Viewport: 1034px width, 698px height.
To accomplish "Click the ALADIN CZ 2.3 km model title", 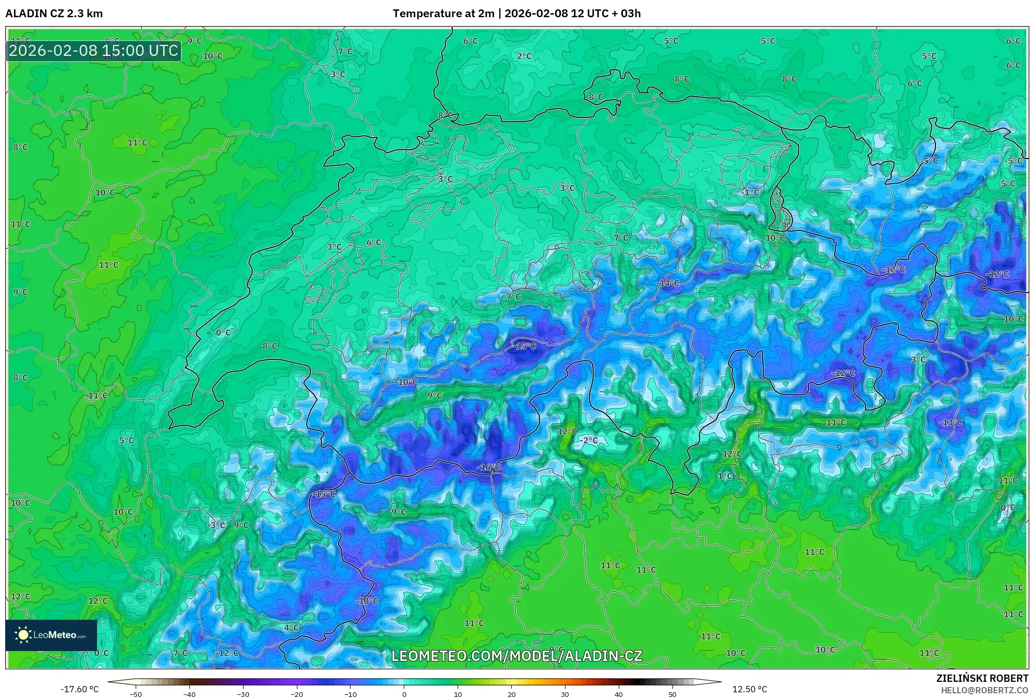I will [x=54, y=14].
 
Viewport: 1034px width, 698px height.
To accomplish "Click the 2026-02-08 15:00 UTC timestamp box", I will [x=93, y=51].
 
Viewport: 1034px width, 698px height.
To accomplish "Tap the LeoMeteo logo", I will [x=51, y=635].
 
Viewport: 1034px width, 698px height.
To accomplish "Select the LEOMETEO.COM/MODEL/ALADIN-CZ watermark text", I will [x=516, y=656].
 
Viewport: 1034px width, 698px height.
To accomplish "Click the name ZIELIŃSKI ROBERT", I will [x=982, y=678].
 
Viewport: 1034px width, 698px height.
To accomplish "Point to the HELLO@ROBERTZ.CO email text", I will [x=984, y=690].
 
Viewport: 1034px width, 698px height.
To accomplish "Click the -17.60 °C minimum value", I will [x=79, y=689].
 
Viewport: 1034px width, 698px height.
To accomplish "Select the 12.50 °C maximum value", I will [x=750, y=689].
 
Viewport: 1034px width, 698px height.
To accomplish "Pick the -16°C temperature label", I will [x=488, y=467].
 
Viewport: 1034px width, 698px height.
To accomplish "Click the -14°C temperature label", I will [x=668, y=283].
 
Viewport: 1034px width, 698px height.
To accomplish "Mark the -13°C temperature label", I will [x=951, y=422].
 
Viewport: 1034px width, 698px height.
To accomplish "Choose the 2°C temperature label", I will [x=524, y=56].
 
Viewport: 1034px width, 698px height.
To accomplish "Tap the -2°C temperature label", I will [x=588, y=440].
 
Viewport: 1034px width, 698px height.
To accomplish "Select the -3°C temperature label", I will [x=216, y=525].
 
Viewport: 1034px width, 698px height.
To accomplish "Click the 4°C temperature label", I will [x=291, y=628].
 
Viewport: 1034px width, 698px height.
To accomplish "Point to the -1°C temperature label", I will [x=750, y=192].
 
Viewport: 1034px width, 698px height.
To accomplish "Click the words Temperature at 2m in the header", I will [x=443, y=14].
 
